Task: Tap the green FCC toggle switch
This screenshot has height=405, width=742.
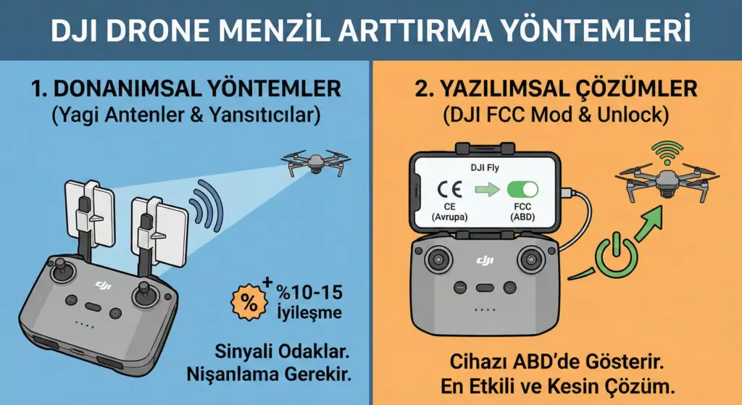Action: (522, 190)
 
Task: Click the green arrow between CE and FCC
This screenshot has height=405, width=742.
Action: (487, 191)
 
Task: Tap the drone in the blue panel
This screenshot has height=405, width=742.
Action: (315, 162)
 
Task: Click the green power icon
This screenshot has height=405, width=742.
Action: (613, 254)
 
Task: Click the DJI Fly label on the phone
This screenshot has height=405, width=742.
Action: (486, 169)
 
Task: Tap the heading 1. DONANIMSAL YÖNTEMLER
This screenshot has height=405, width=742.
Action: (185, 89)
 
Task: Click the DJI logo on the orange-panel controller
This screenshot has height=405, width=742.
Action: (485, 260)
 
